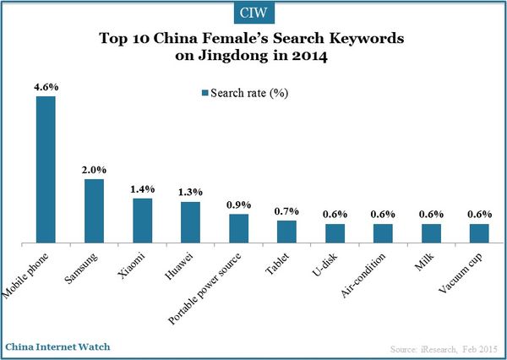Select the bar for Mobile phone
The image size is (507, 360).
tap(46, 170)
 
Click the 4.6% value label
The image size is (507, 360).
tap(46, 87)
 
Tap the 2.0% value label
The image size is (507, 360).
tap(94, 170)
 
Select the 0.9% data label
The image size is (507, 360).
tap(239, 205)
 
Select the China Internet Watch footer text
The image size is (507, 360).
tap(57, 347)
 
